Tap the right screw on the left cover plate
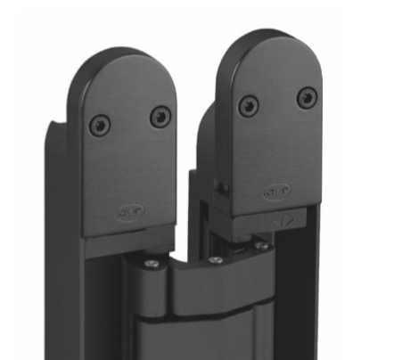pos(160,115)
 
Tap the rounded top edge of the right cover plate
pos(271,37)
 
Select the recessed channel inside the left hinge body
pos(98,303)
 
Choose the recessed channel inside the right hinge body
pos(294,294)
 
